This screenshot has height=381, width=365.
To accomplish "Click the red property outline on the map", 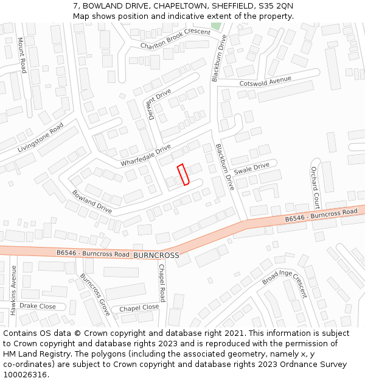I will pyautogui.click(x=183, y=174).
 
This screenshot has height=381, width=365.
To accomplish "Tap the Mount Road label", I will pyautogui.click(x=22, y=55).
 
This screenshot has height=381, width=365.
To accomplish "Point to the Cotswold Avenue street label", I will pyautogui.click(x=265, y=81).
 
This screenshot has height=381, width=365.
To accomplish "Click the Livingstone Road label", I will pyautogui.click(x=41, y=137).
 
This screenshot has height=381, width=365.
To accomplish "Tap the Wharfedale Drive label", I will pyautogui.click(x=145, y=155).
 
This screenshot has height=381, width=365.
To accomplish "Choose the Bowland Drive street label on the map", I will pyautogui.click(x=92, y=202).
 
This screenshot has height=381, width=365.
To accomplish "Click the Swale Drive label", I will pyautogui.click(x=251, y=168).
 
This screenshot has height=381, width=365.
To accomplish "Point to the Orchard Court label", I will pyautogui.click(x=315, y=187).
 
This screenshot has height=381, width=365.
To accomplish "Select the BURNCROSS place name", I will pyautogui.click(x=156, y=255).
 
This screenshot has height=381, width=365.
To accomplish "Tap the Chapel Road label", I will pyautogui.click(x=162, y=283).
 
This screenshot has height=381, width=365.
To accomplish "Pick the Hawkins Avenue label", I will pyautogui.click(x=13, y=290).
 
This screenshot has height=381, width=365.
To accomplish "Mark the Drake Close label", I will pyautogui.click(x=38, y=306).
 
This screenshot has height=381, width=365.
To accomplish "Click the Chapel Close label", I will pyautogui.click(x=139, y=308).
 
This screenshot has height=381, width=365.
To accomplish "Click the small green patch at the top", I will pyautogui.click(x=215, y=26).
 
